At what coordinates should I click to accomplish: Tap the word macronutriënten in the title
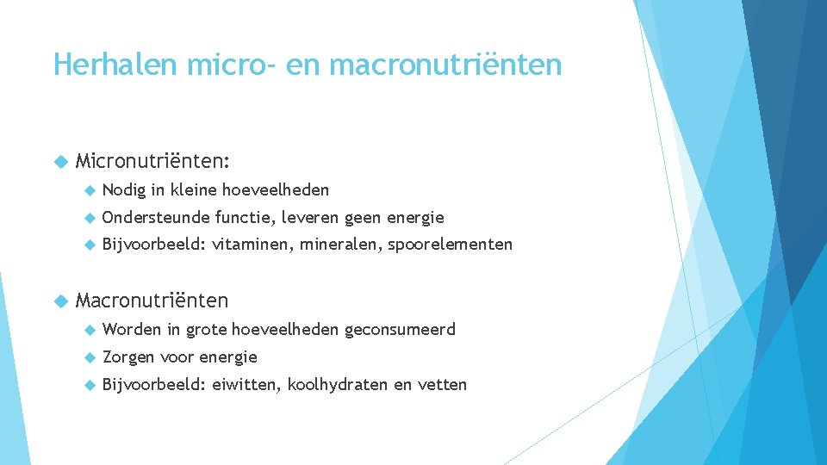(x=445, y=65)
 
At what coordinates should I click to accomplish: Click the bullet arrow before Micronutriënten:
(x=60, y=160)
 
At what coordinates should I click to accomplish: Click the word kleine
(x=194, y=189)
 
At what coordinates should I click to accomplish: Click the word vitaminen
(x=252, y=245)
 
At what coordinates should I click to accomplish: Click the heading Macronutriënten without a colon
(x=152, y=301)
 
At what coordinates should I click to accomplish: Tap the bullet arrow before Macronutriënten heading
(x=60, y=301)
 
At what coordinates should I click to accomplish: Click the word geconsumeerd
(x=400, y=329)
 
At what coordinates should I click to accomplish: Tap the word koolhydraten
(x=338, y=385)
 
